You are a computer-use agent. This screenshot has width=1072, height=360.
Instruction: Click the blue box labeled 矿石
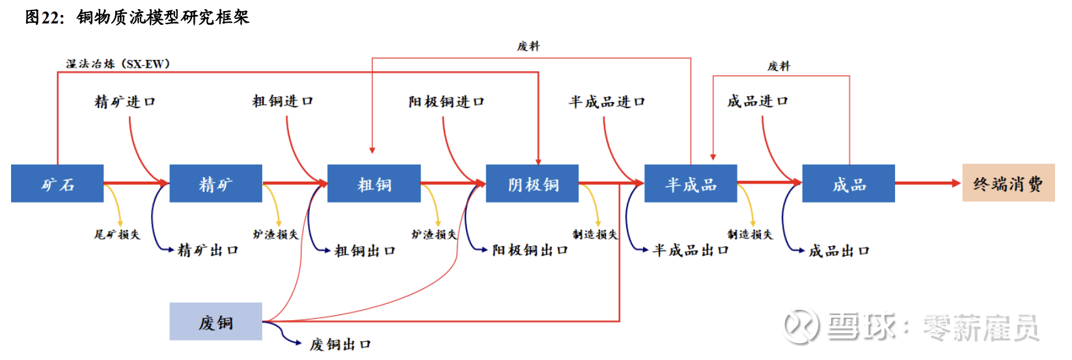[x=57, y=184]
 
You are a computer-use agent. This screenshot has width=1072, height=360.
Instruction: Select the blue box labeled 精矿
[x=215, y=184]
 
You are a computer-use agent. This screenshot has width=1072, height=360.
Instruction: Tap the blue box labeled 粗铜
[x=374, y=184]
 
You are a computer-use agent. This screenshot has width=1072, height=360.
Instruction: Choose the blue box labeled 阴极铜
[x=532, y=184]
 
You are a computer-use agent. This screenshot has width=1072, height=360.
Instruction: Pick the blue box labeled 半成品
[x=690, y=184]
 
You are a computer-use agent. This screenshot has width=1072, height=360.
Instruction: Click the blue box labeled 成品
[x=848, y=184]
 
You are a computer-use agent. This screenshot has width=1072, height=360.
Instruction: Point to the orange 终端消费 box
[x=1008, y=183]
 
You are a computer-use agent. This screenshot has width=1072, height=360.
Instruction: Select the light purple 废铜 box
[x=215, y=322]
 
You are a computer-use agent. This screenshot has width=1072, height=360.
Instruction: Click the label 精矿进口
[x=125, y=102]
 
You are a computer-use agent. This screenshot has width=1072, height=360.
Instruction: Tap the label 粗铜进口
[x=282, y=101]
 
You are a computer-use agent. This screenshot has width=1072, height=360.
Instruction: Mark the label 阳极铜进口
[x=447, y=102]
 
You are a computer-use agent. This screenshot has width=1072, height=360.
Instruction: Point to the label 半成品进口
[x=607, y=102]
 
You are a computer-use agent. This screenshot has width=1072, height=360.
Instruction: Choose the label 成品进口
[x=758, y=101]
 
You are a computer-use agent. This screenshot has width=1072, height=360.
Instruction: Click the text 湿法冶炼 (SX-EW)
[x=118, y=64]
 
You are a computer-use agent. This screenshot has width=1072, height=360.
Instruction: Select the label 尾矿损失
[x=117, y=234]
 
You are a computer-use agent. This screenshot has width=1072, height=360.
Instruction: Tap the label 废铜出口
[x=340, y=344]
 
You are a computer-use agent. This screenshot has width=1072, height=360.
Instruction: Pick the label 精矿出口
[x=208, y=250]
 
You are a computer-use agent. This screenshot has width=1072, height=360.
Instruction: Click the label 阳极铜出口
[x=530, y=250]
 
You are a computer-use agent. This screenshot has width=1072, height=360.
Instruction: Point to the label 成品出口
[x=839, y=251]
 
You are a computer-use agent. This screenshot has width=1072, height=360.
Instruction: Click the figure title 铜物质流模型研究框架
[x=163, y=17]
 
